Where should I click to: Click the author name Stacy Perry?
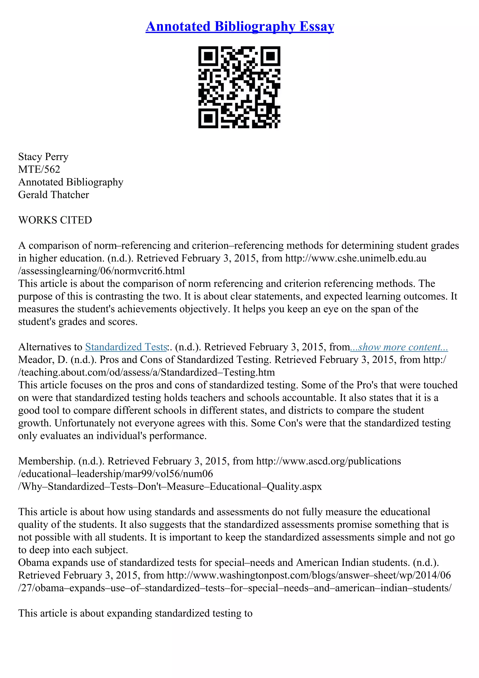pos(43,157)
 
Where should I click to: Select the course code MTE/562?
pos(39,169)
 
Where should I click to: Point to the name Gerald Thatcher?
pos(53,195)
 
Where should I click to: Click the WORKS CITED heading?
pos(55,220)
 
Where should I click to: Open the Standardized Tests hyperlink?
pos(126,347)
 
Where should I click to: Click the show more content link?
pos(399,347)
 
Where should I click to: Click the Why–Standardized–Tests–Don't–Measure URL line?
pos(170,486)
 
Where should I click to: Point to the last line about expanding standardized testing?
pos(135,613)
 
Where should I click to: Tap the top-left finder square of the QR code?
pos(208,56)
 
